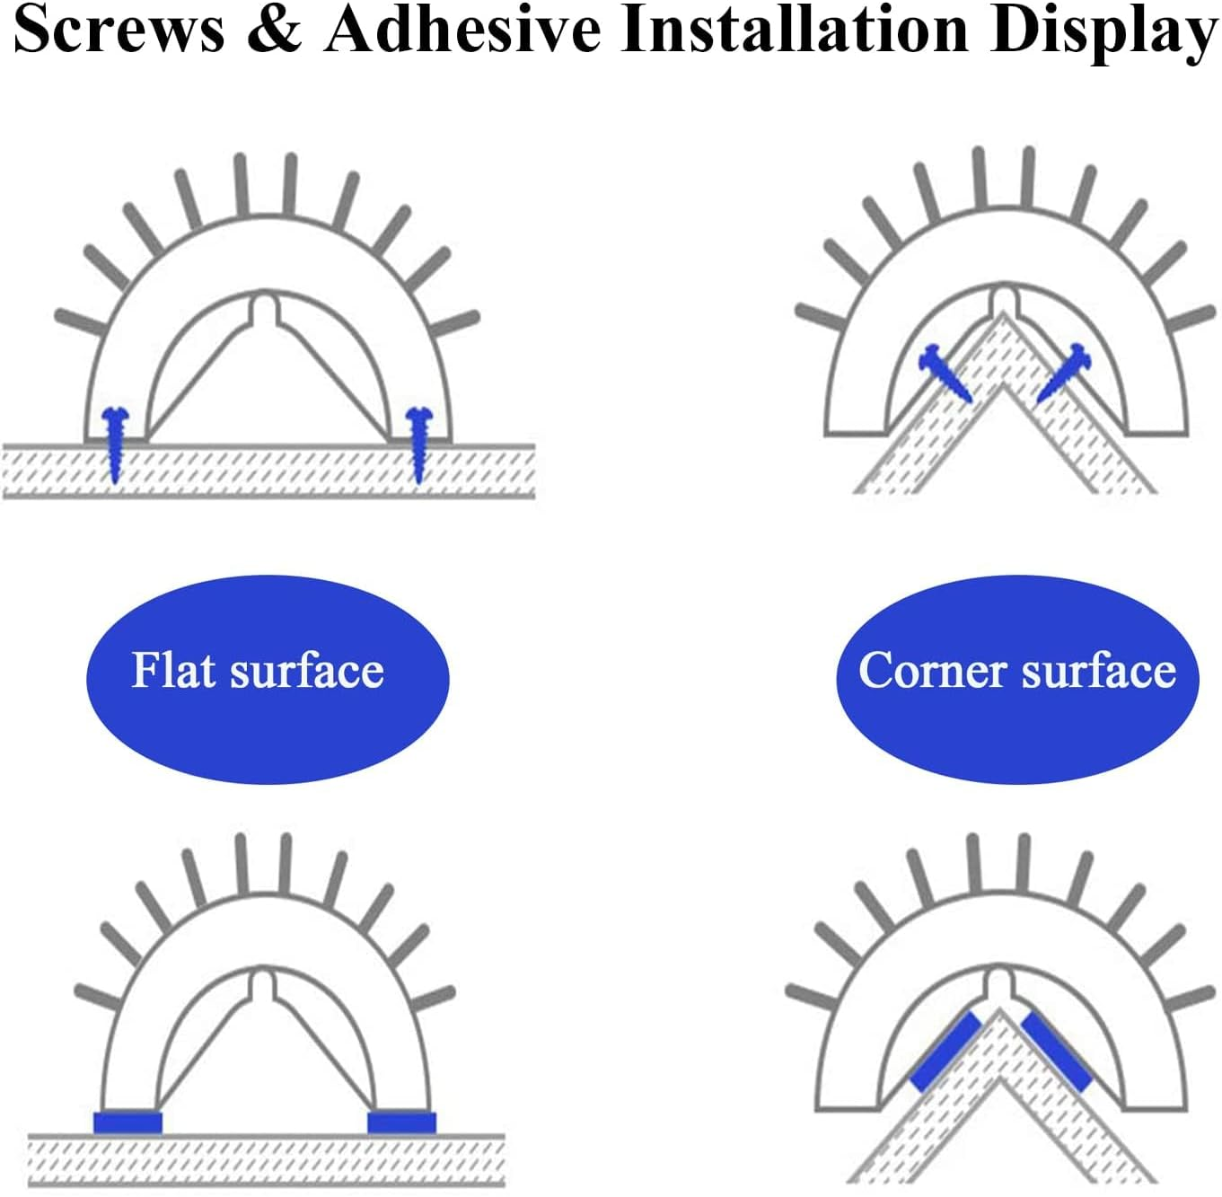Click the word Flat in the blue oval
173,670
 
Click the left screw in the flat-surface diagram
116,444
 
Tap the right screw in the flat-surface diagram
418,444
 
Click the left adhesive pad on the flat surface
127,1122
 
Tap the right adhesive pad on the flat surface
402,1122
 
